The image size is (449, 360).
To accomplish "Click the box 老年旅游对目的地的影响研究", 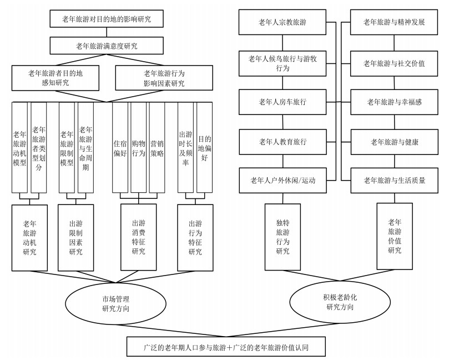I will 108,20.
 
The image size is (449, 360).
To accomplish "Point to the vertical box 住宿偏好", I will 120,147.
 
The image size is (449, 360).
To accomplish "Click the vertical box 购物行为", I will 139,147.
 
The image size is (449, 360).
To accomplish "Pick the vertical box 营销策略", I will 157,147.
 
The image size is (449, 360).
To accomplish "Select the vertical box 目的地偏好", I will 205,147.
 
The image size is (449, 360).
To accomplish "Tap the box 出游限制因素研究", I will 75,238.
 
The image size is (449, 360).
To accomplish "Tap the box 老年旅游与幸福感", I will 394,102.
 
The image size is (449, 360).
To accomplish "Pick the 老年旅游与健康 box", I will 394,142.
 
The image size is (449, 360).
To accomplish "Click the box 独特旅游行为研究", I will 282,237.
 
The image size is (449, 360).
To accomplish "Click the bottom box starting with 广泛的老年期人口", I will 224,347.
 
